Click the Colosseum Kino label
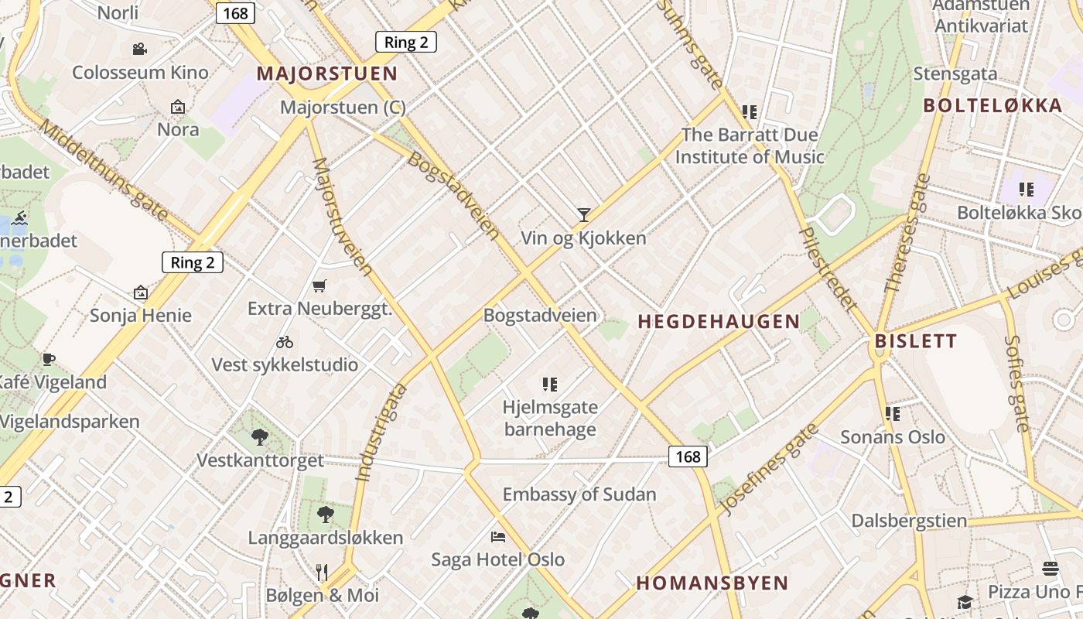pos(140,73)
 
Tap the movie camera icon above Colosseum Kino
pos(139,50)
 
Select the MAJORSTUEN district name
pos(326,74)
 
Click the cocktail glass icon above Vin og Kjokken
pos(584,214)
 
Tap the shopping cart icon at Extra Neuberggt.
pos(319,286)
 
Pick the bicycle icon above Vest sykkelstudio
pos(285,341)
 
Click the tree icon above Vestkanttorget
pos(260,437)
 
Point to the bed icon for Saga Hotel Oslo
pos(498,536)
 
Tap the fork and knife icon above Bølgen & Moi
pos(322,572)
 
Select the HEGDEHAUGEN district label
pos(718,322)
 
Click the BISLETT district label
pos(915,341)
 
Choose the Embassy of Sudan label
pos(579,494)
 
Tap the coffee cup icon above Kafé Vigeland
pos(49,359)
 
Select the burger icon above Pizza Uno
pos(1050,569)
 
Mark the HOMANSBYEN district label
pos(712,583)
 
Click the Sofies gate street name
pos(1016,383)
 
